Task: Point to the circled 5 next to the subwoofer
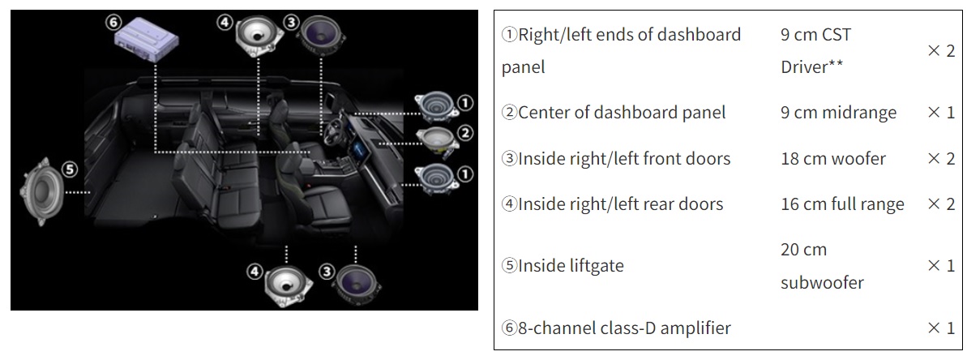coord(71,169)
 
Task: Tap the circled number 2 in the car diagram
coord(464,132)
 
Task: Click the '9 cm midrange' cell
coord(838,112)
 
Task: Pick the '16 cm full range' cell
coord(842,204)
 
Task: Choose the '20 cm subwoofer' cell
coord(822,266)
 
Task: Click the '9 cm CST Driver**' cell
coord(815,50)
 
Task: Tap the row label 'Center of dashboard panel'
coord(614,112)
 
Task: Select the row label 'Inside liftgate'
coord(563,266)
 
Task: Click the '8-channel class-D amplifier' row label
coord(616,328)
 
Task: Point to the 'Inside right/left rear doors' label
coord(612,204)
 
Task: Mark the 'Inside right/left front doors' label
coord(616,158)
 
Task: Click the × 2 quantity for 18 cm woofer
coord(940,158)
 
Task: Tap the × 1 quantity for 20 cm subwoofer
coord(940,266)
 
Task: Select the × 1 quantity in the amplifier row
coord(940,328)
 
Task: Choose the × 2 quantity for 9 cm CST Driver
coord(940,50)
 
